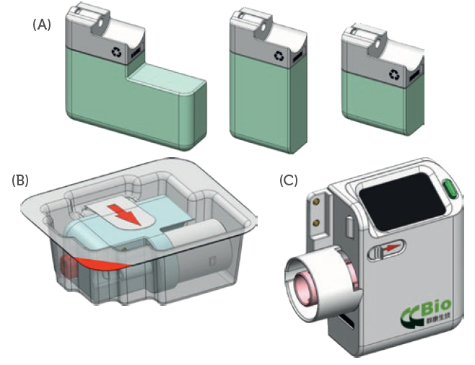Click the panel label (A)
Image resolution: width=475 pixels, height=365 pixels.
click(41, 25)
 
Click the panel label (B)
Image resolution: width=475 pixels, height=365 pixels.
click(19, 180)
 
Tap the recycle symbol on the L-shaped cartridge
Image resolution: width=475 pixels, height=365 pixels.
click(118, 52)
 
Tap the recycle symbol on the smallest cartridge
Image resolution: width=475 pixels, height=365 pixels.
click(394, 74)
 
